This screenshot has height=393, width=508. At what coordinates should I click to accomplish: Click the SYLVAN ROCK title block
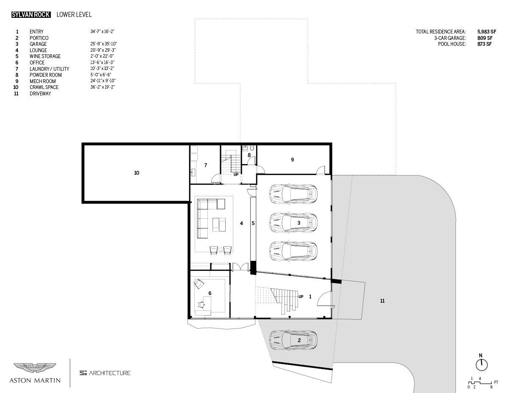tap(31, 15)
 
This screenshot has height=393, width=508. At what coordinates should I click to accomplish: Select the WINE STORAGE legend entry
tap(45, 56)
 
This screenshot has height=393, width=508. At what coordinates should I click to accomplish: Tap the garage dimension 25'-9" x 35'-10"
tap(104, 44)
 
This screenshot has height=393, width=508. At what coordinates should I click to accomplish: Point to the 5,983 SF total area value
tap(486, 32)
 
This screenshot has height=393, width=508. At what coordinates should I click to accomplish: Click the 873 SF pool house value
tap(484, 44)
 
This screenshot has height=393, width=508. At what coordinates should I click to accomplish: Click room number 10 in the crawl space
tap(137, 173)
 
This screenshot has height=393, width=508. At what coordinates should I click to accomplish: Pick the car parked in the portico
tap(293, 340)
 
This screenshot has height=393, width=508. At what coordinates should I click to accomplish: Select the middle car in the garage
tap(293, 223)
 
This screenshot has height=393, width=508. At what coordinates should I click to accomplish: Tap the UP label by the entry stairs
tap(301, 297)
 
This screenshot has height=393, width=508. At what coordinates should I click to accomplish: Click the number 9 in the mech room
tap(293, 160)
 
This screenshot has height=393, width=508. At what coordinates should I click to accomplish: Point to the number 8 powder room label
tap(249, 155)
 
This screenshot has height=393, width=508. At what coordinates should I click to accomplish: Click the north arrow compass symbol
tap(482, 365)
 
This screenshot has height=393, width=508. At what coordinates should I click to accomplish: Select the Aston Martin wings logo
tap(35, 368)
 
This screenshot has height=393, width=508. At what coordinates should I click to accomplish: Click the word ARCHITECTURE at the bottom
tap(109, 373)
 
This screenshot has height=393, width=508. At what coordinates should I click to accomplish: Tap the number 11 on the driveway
tap(382, 301)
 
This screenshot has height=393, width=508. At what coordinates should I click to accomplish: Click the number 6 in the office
tap(210, 293)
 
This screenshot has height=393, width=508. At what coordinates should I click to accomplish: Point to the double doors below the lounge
tap(240, 267)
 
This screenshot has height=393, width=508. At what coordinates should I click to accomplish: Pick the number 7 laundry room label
tap(205, 165)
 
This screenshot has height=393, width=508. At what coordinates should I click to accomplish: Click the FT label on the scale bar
tap(496, 382)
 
